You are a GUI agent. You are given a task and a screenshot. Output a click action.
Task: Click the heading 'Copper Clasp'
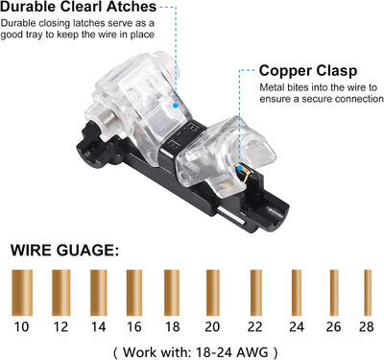308,71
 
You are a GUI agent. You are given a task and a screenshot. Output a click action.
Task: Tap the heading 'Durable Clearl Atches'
79,7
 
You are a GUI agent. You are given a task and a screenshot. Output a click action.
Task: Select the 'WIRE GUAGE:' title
64,250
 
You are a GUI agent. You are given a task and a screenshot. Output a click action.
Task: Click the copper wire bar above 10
22,293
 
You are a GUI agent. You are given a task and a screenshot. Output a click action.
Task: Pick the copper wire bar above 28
368,293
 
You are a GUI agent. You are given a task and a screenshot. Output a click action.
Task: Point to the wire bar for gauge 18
172,293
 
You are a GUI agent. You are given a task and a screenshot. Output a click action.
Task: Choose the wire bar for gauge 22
256,293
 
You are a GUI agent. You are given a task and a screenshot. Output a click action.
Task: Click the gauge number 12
60,326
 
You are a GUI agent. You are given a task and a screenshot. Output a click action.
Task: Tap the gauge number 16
133,326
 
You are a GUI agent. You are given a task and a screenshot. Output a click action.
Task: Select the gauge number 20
212,326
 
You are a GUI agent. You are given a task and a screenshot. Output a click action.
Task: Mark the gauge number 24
297,326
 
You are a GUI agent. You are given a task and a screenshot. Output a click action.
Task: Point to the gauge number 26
334,326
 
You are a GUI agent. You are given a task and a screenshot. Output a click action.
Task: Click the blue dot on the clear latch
176,106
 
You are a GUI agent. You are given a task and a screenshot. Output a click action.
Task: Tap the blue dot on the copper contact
239,167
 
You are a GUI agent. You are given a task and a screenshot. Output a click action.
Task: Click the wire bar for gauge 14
99,293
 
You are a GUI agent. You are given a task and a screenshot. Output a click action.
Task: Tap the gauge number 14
98,326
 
